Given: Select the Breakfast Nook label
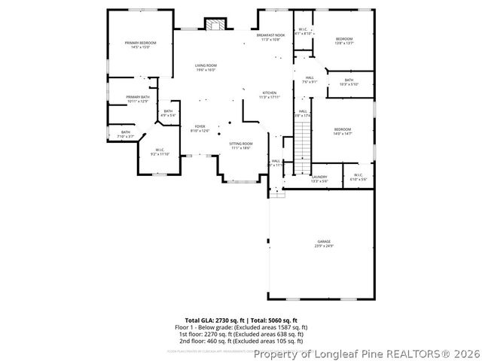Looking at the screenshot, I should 270,37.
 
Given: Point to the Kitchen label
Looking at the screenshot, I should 270,95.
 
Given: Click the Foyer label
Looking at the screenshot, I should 200,128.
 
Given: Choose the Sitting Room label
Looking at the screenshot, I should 241,145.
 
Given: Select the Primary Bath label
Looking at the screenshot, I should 138,99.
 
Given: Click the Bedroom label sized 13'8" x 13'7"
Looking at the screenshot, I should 344,41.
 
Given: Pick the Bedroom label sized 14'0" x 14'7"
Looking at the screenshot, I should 343,132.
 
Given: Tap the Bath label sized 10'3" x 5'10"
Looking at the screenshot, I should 349,82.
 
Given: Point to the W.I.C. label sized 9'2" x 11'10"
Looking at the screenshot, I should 160,152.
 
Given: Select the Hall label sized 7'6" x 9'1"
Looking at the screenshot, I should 310,80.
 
